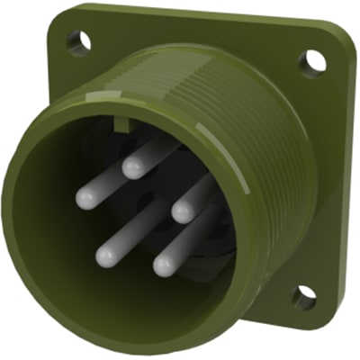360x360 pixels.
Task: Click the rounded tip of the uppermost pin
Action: pos(132,167)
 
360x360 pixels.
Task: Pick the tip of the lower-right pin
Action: pos(163,265)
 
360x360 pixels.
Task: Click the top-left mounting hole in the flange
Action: pos(78,40)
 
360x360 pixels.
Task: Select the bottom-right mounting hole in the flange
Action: pos(303,295)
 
